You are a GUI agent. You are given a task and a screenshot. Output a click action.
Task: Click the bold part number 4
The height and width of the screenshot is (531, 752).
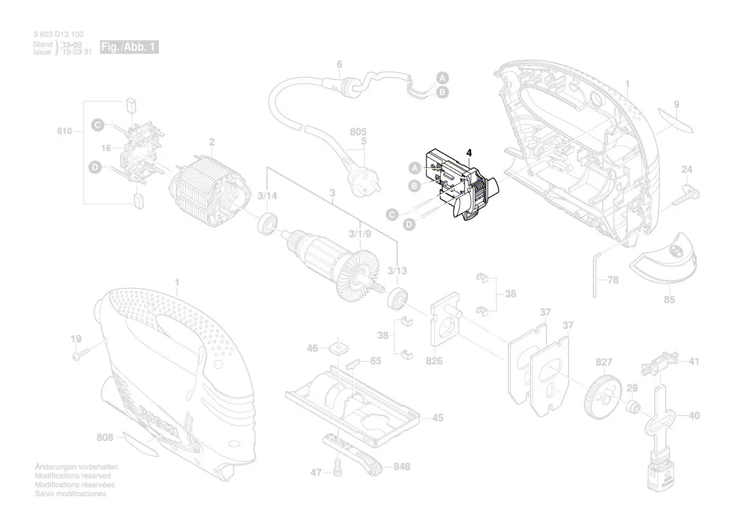(x=469, y=153)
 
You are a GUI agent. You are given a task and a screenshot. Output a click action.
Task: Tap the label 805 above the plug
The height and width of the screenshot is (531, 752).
(x=358, y=132)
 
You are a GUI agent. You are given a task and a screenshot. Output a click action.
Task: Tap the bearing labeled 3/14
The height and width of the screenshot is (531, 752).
(x=268, y=226)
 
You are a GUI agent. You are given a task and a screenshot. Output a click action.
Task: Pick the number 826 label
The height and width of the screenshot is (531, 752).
(x=434, y=361)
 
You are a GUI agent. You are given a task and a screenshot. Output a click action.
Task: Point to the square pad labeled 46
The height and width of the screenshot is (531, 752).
(x=336, y=348)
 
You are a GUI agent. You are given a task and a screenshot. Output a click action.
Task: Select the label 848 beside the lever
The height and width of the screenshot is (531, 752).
(x=402, y=467)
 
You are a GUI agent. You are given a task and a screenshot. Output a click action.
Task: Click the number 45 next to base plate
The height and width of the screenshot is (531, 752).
(x=437, y=418)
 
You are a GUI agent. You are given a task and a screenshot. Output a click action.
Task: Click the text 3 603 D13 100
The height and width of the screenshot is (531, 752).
(x=57, y=34)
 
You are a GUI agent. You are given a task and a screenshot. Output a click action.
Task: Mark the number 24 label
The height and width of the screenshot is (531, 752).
(x=687, y=170)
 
